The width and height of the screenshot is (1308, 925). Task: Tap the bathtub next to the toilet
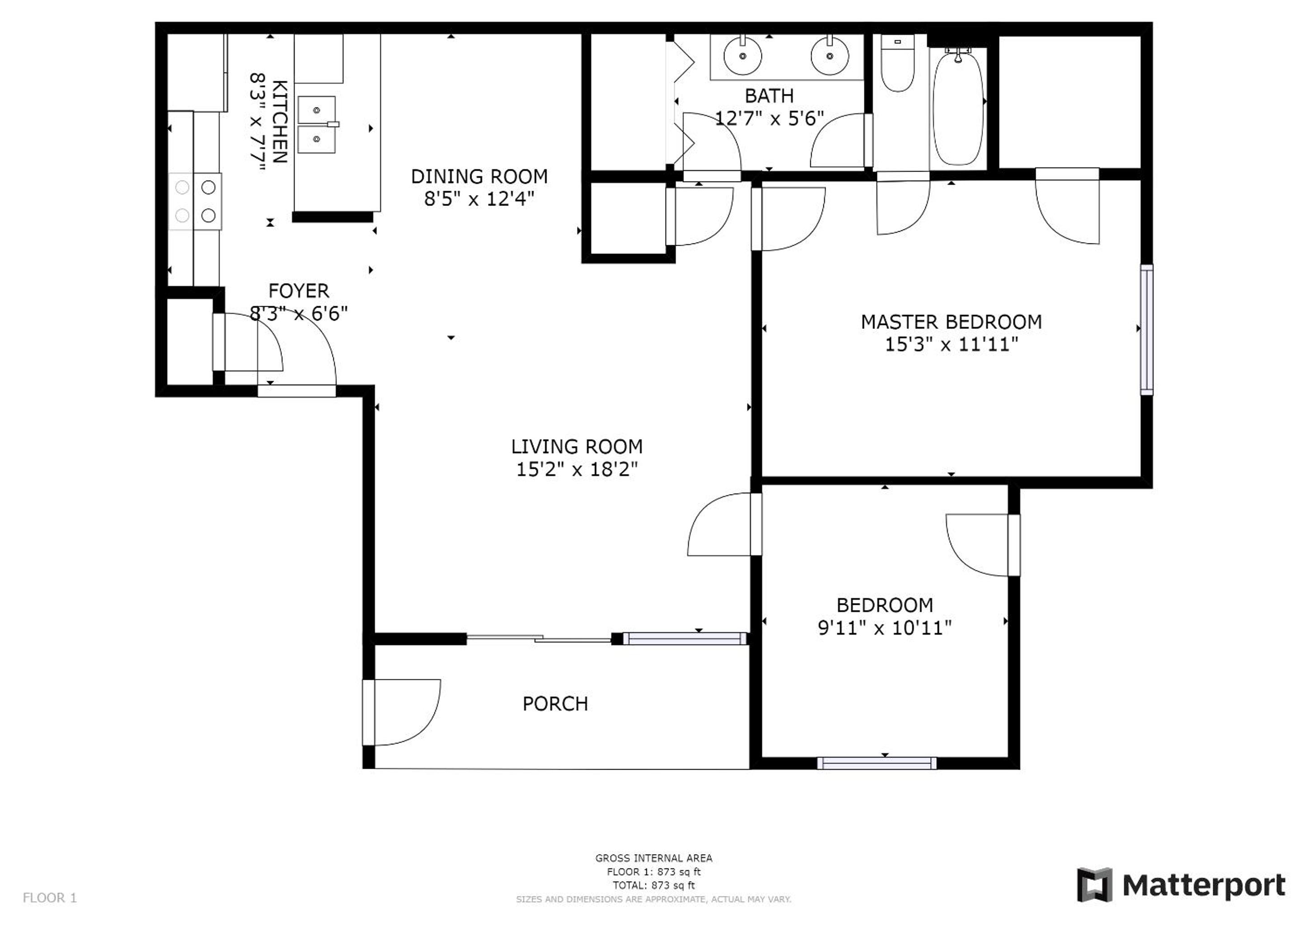coord(958,107)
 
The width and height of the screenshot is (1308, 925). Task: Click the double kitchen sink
coord(317,125)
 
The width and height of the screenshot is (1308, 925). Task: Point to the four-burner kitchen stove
coord(195,201)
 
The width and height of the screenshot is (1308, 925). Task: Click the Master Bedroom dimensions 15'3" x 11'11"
coord(951,345)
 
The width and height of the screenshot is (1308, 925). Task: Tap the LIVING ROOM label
coord(577,447)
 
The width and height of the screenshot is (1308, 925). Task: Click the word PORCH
coord(555,704)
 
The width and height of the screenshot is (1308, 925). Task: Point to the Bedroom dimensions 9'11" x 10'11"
coord(885,628)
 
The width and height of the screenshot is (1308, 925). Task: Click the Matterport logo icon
coord(1094,885)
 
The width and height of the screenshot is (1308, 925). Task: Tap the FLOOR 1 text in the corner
coord(50,898)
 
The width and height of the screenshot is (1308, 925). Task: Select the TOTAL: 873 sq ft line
coord(654,886)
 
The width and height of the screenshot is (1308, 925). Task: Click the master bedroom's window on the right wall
coord(1147,330)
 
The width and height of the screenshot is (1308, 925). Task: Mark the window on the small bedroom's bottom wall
coord(877,763)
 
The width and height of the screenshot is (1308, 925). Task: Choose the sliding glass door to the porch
coord(539,639)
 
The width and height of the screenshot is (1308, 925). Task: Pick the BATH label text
coord(769,96)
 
